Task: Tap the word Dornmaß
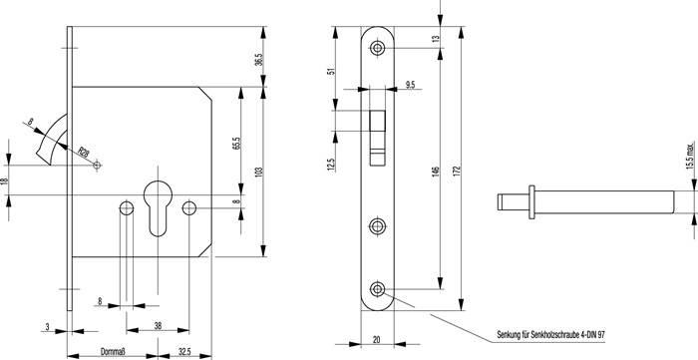pos(115,350)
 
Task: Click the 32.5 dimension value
pos(184,350)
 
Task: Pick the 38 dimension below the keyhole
pos(160,324)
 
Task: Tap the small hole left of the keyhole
pos(125,208)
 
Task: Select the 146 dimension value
pos(434,171)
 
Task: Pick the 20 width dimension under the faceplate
pos(377,340)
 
